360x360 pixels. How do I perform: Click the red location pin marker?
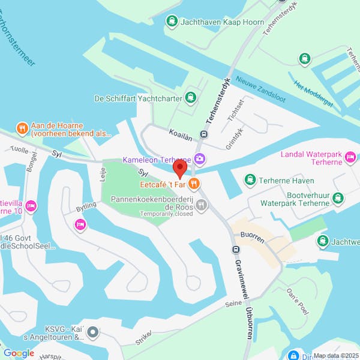[x=179, y=168]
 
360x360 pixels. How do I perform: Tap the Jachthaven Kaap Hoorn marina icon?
[x=172, y=22]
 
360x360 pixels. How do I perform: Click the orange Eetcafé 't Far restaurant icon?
[x=193, y=183]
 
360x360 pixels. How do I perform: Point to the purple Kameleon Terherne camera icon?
[x=200, y=160]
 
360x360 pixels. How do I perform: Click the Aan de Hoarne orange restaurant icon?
[x=22, y=127]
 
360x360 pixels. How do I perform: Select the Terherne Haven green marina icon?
[x=250, y=179]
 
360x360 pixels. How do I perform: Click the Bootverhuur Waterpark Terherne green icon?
[x=338, y=197]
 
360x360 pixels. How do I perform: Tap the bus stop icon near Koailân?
[x=203, y=134]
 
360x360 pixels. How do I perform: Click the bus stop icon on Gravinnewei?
[x=236, y=250]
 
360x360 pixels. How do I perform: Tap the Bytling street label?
[x=86, y=207]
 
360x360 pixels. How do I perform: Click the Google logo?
[x=19, y=353]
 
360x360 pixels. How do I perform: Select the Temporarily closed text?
[x=167, y=214]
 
